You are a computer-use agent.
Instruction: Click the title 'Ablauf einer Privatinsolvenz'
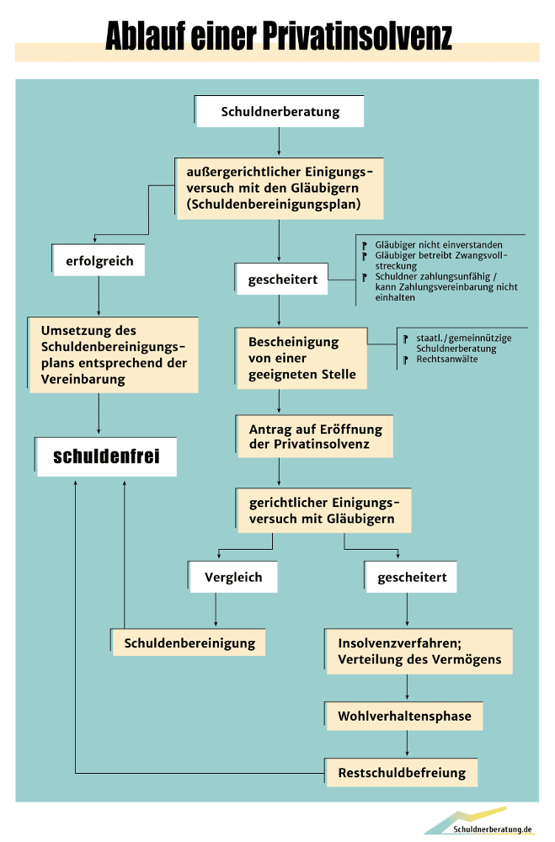[x=278, y=36]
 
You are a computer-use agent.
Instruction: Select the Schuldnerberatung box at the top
[x=280, y=111]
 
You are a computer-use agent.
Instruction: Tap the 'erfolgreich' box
[x=99, y=261]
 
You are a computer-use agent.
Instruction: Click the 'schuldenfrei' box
[x=106, y=456]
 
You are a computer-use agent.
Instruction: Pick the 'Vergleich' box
[x=233, y=578]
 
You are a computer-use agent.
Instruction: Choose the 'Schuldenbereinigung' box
[x=189, y=643]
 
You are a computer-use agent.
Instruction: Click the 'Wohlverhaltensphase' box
[x=405, y=717]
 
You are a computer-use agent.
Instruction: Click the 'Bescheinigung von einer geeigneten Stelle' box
[x=302, y=358]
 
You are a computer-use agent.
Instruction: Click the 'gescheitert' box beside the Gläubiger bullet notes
[x=283, y=280]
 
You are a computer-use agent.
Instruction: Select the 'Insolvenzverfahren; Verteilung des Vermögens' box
[x=419, y=651]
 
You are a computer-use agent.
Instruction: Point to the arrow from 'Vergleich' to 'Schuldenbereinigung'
[x=217, y=610]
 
